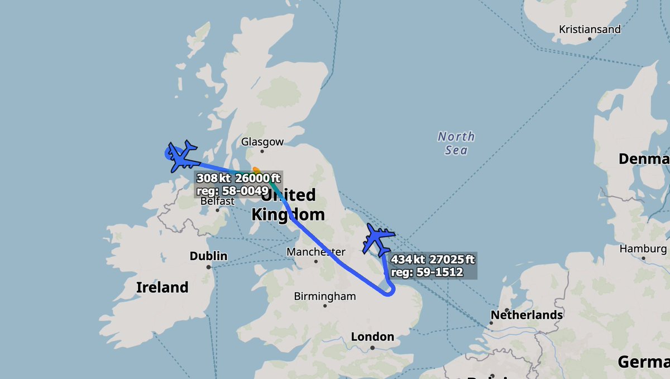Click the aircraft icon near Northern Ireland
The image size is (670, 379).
point(183,157)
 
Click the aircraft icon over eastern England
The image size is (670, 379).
point(378,239)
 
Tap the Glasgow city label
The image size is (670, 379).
point(262,142)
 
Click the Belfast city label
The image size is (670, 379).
point(217,202)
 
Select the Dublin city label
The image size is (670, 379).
point(208,256)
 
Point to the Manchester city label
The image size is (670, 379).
point(315,252)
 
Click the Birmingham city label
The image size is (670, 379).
point(325,296)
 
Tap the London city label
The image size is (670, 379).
point(372,337)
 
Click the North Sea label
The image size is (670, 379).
point(456,143)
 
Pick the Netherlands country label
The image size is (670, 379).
point(527,315)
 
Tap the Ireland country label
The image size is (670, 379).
point(162,287)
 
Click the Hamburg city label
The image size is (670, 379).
point(642,249)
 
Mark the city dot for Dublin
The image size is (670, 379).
point(208,267)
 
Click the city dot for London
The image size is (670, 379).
point(372,348)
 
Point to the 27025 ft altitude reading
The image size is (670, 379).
point(453,260)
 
